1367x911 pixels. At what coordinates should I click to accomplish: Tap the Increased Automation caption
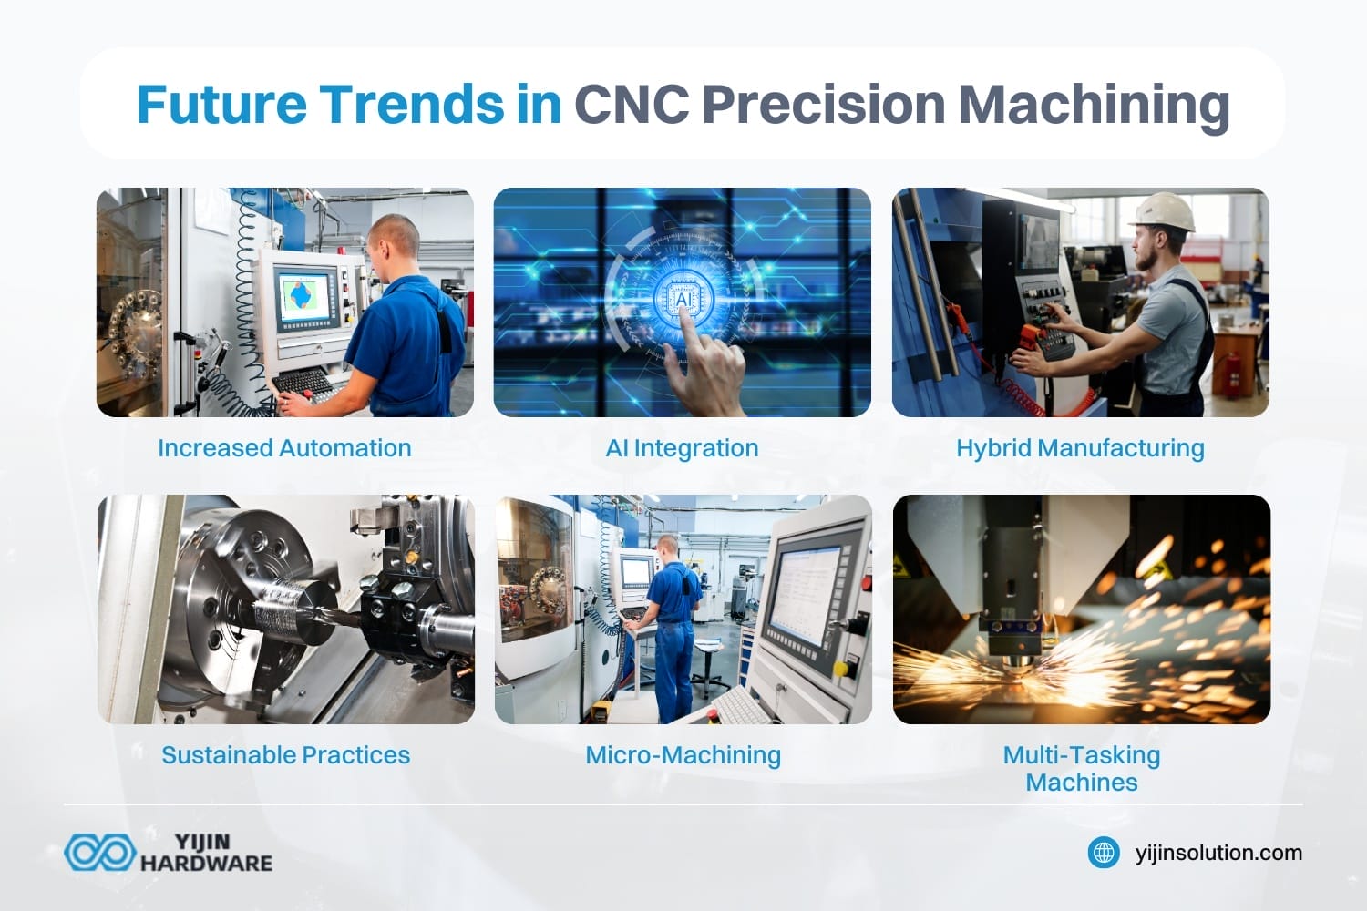(284, 448)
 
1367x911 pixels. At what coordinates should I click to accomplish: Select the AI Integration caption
(682, 448)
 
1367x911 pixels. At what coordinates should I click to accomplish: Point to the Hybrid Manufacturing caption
(1080, 448)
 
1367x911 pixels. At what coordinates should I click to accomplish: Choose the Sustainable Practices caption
(285, 755)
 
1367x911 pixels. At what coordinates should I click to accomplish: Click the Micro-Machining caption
(683, 755)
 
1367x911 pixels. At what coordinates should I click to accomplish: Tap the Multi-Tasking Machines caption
(1082, 768)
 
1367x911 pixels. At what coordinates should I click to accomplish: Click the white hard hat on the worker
(1162, 211)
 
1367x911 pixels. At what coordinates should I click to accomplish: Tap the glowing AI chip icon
(682, 298)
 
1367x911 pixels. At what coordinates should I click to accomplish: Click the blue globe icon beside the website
(1104, 853)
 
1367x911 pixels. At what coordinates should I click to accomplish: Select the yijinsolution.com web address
(1218, 853)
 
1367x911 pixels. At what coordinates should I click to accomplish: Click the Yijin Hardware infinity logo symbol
(98, 853)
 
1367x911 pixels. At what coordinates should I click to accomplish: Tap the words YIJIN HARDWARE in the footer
(206, 853)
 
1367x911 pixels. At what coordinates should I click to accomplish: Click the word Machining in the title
(1094, 104)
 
